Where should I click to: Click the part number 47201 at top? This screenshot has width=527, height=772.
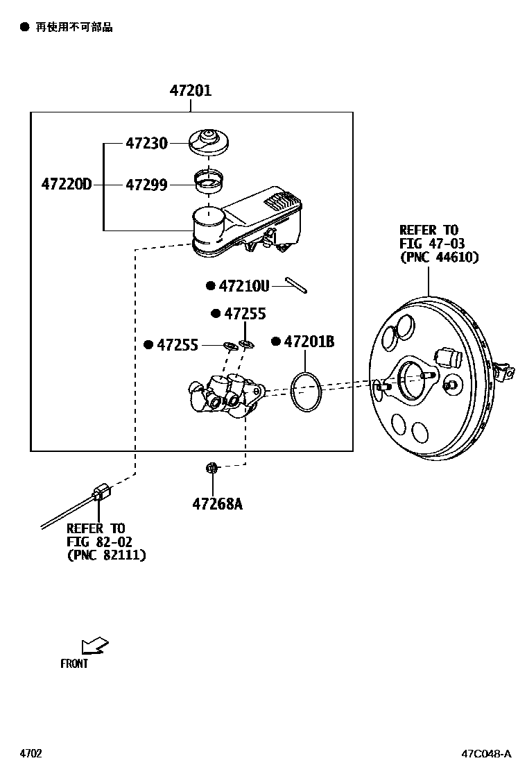(191, 90)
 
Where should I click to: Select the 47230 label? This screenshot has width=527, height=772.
(146, 144)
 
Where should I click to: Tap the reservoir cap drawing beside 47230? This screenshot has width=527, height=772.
(209, 141)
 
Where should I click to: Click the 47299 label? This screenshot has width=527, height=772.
(146, 185)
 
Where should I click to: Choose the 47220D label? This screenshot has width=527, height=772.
(66, 185)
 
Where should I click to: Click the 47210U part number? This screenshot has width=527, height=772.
(243, 285)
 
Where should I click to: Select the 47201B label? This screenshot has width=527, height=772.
(309, 341)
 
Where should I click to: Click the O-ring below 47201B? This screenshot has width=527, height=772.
(306, 391)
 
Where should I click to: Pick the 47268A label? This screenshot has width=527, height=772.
(217, 503)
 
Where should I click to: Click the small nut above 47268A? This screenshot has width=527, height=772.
(212, 469)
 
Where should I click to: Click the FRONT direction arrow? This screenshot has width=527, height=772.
(94, 646)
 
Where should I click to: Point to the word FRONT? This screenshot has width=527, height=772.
(74, 664)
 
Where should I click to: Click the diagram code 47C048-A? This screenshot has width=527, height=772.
(487, 754)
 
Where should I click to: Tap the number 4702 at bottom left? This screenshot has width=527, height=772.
(31, 754)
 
